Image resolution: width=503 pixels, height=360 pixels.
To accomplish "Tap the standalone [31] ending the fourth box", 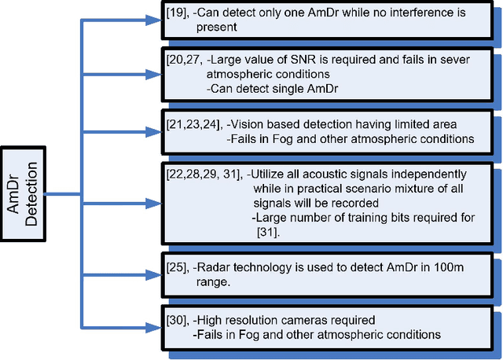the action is click(x=270, y=232).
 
